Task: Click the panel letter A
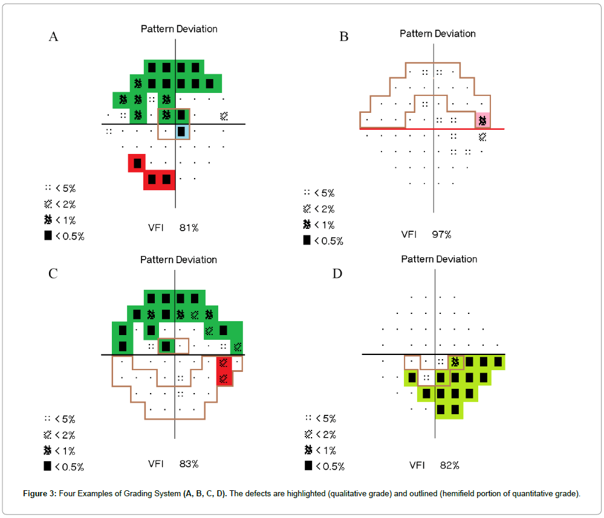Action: coord(54,37)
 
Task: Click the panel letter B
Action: coord(344,37)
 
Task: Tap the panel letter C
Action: coord(53,273)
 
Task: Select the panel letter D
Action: coord(337,273)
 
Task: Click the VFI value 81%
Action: coord(189,228)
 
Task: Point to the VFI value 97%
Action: coord(441,234)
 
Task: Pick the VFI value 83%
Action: coord(189,464)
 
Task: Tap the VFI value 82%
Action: coord(449,465)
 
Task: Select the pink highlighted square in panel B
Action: coord(482,121)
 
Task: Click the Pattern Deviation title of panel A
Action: coord(179,29)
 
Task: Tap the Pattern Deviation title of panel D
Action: coord(439,259)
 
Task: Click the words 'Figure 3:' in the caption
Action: coord(39,494)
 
